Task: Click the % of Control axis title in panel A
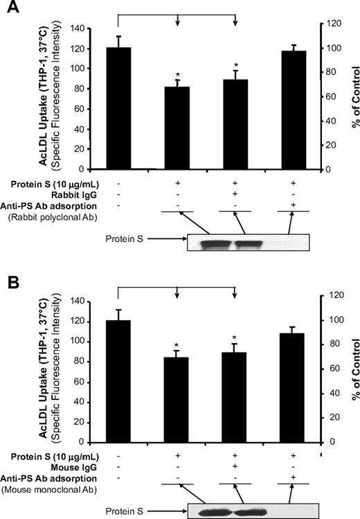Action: coord(350,100)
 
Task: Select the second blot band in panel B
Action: coord(244,513)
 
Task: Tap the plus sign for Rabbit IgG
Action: coord(235,195)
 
